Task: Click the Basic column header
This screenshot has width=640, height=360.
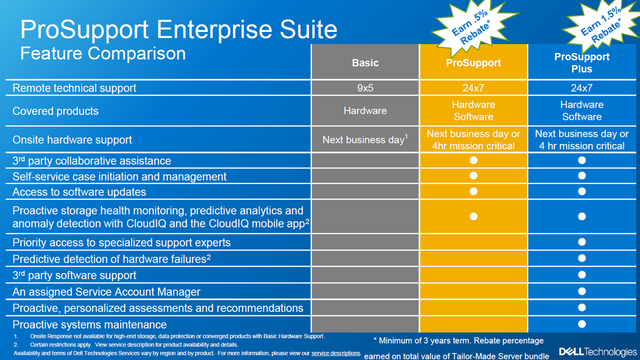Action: pyautogui.click(x=365, y=62)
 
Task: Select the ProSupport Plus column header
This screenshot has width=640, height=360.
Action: pyautogui.click(x=581, y=62)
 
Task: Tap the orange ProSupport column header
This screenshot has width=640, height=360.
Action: pyautogui.click(x=473, y=62)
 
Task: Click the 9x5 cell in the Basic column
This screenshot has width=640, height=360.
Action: pyautogui.click(x=365, y=87)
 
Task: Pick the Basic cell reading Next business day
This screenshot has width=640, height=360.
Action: pyautogui.click(x=365, y=139)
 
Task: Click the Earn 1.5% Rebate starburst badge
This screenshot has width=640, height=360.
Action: pyautogui.click(x=601, y=25)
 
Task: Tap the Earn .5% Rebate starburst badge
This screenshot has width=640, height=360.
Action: pyautogui.click(x=473, y=27)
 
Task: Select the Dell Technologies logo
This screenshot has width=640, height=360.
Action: pyautogui.click(x=598, y=351)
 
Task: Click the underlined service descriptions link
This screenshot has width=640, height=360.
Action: pyautogui.click(x=335, y=353)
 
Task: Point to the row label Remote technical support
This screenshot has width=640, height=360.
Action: pyautogui.click(x=74, y=87)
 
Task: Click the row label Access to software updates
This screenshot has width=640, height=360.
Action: pyautogui.click(x=79, y=191)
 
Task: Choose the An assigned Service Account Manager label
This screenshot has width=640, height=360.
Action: pyautogui.click(x=106, y=291)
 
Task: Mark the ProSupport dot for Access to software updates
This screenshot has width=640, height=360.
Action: pyautogui.click(x=473, y=191)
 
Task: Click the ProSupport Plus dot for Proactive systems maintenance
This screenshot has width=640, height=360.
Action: pyautogui.click(x=581, y=323)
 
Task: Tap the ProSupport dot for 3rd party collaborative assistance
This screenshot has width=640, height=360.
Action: pyautogui.click(x=473, y=160)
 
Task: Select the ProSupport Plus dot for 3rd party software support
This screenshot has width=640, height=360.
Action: pyautogui.click(x=581, y=274)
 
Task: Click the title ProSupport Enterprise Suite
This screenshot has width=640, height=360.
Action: pyautogui.click(x=178, y=29)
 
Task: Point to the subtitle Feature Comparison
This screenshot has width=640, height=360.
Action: pyautogui.click(x=103, y=53)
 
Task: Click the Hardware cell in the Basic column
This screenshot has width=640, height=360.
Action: pyautogui.click(x=365, y=110)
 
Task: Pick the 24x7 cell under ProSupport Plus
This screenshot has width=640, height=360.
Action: pyautogui.click(x=581, y=87)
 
